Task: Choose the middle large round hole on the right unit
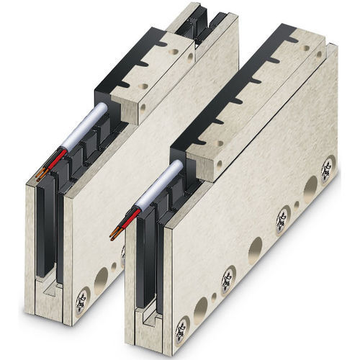click(x=255, y=251)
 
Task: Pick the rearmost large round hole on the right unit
click(x=310, y=189)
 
